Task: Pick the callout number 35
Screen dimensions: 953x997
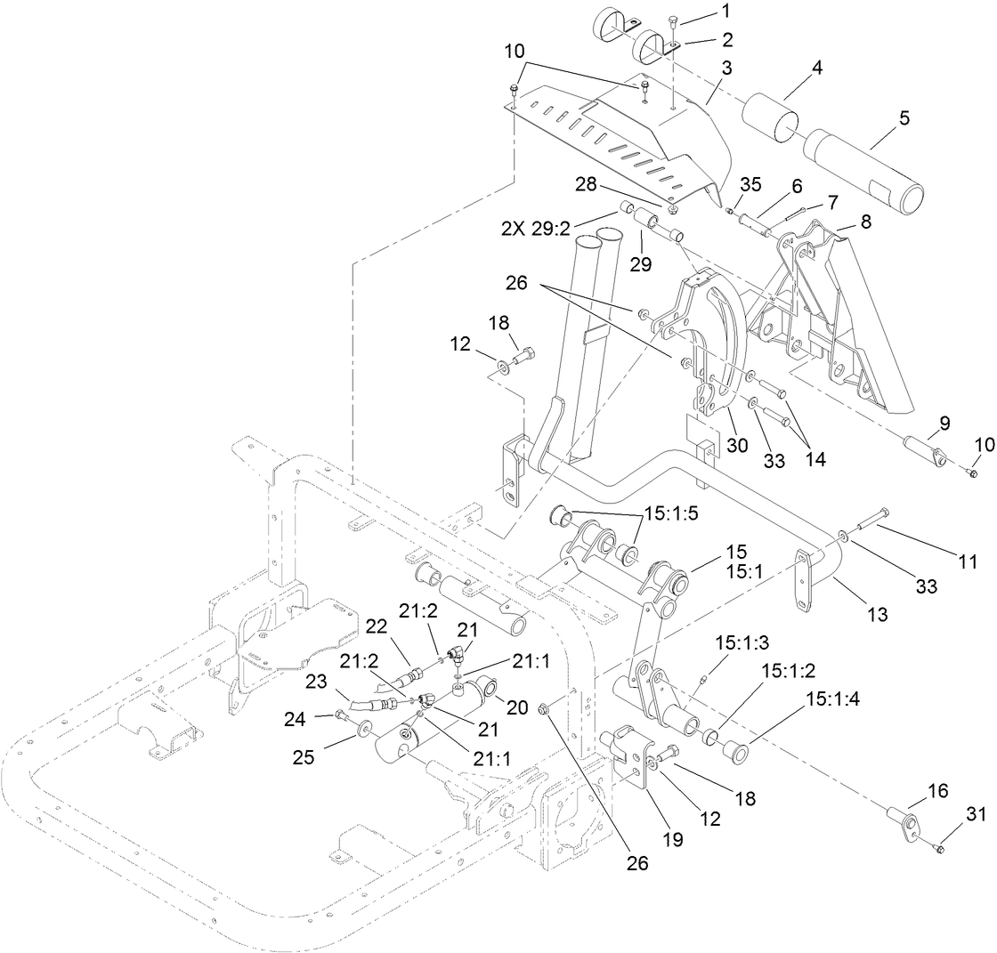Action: click(x=750, y=186)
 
